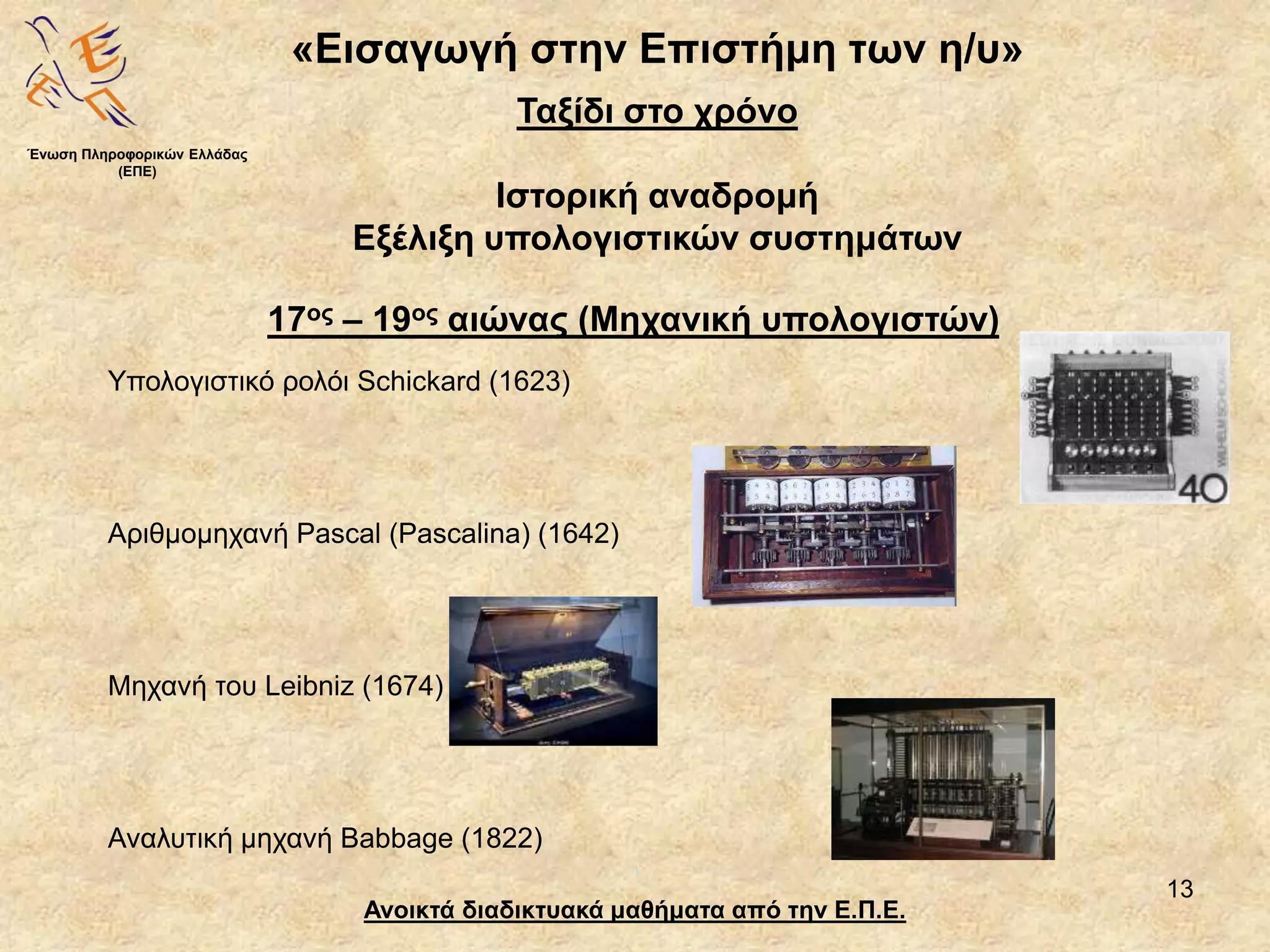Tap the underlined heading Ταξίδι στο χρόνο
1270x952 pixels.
pos(657,112)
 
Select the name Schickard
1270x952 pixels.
pos(419,381)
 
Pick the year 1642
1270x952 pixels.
pos(579,534)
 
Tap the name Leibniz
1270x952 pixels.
pos(308,686)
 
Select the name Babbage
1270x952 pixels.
pos(397,839)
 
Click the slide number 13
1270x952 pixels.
pos(1179,889)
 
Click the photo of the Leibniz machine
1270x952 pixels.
pos(553,671)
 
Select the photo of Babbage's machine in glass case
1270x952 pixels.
pos(942,778)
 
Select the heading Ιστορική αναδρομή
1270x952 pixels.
pos(657,197)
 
